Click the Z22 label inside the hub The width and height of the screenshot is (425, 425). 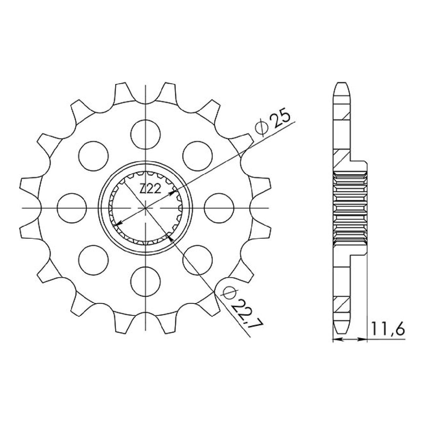click(150, 189)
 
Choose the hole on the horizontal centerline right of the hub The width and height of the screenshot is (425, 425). click(219, 208)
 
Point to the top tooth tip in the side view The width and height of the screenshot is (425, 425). click(341, 84)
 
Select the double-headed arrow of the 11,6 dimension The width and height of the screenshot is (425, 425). click(349, 339)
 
